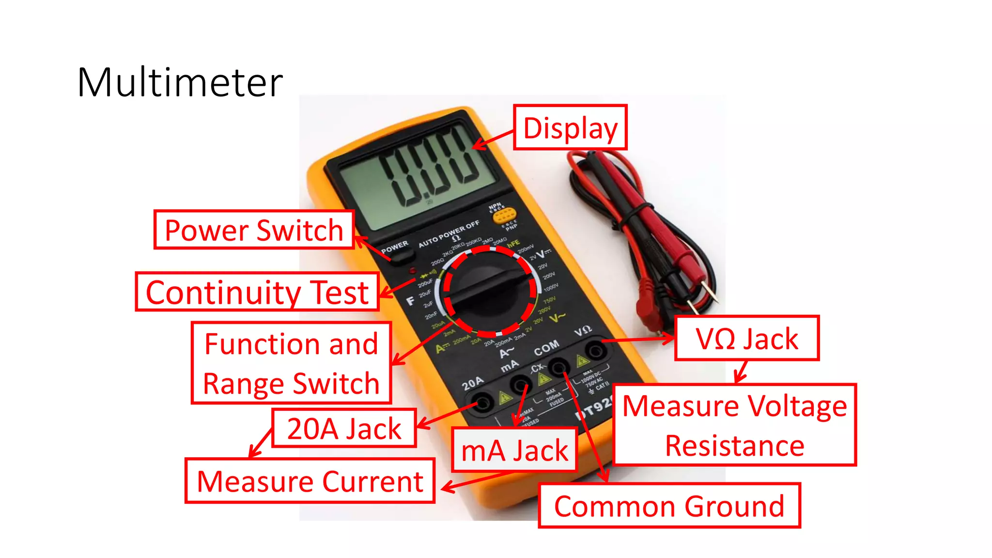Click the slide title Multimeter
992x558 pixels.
pyautogui.click(x=180, y=82)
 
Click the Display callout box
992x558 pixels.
pyautogui.click(x=570, y=127)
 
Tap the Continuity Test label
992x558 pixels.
pyautogui.click(x=257, y=292)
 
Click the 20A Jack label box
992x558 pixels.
pyautogui.click(x=344, y=428)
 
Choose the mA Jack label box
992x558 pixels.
pyautogui.click(x=514, y=450)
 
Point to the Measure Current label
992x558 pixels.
pyautogui.click(x=310, y=481)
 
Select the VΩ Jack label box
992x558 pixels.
pyautogui.click(x=747, y=338)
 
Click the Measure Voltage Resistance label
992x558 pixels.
pyautogui.click(x=734, y=425)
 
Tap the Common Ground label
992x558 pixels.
pyautogui.click(x=669, y=506)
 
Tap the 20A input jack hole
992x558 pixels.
pyautogui.click(x=482, y=402)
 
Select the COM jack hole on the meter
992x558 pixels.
pyautogui.click(x=558, y=367)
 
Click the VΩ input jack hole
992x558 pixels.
pyautogui.click(x=595, y=350)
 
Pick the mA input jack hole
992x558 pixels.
pyautogui.click(x=520, y=386)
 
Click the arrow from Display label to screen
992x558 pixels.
pyautogui.click(x=493, y=139)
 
